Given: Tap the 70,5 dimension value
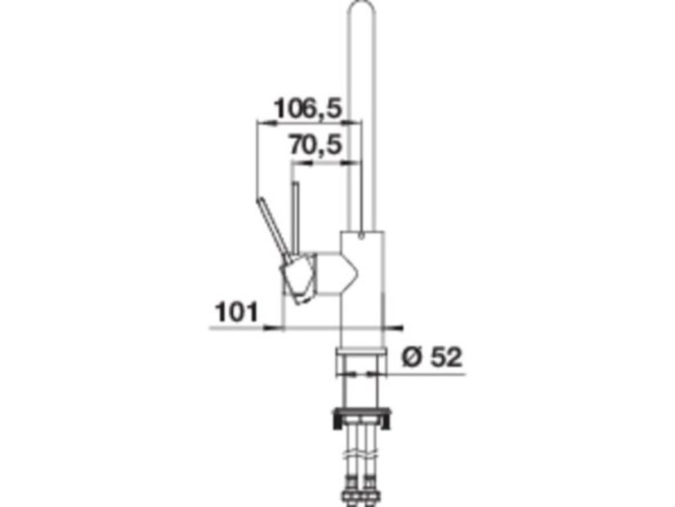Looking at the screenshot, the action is (x=315, y=145).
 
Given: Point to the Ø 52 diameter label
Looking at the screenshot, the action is (x=431, y=357).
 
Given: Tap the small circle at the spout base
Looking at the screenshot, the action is (x=361, y=236).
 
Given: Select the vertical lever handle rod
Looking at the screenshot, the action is (x=295, y=220).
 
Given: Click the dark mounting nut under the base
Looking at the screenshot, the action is (x=361, y=417).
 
